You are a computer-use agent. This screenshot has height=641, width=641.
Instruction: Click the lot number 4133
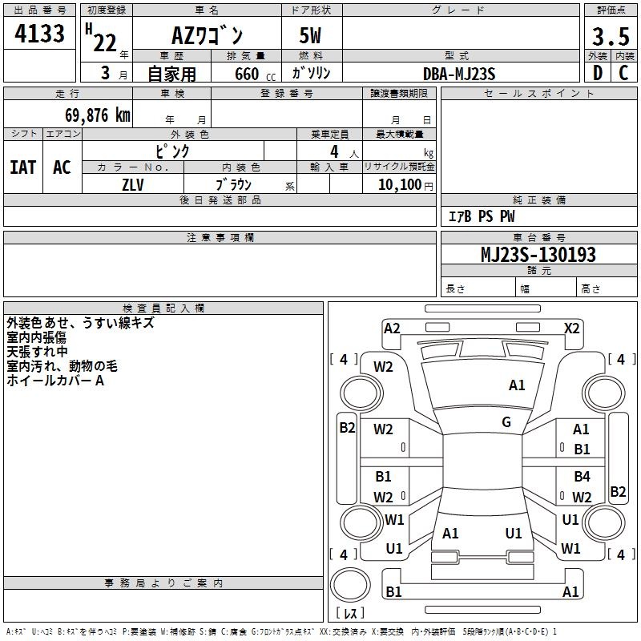(39, 34)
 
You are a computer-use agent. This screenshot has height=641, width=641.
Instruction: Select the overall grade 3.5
(611, 36)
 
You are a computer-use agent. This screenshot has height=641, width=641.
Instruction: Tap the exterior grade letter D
(598, 73)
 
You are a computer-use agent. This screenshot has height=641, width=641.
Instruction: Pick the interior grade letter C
(623, 73)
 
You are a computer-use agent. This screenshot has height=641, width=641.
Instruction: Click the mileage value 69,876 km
(98, 115)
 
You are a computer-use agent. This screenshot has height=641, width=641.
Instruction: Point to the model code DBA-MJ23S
(459, 74)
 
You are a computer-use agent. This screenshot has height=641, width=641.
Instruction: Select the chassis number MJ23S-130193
(538, 254)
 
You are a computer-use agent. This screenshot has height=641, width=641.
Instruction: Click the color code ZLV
(133, 185)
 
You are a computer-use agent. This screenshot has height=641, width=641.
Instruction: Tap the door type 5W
(310, 35)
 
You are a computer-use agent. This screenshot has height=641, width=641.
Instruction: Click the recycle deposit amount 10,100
(400, 185)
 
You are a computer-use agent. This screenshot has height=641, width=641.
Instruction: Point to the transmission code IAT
(23, 167)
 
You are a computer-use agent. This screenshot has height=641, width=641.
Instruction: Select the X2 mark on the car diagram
(571, 329)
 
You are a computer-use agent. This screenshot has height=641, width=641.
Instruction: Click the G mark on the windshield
(506, 422)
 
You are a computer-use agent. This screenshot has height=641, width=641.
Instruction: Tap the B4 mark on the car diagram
(582, 476)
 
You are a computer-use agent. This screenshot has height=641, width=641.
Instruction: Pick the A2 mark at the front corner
(392, 329)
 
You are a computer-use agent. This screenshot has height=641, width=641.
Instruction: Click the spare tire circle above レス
(350, 585)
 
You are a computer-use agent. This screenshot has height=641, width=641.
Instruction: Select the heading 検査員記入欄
(163, 308)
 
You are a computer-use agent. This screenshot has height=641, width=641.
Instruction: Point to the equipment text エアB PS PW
(482, 216)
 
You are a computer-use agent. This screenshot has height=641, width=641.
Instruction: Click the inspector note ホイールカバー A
(55, 381)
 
